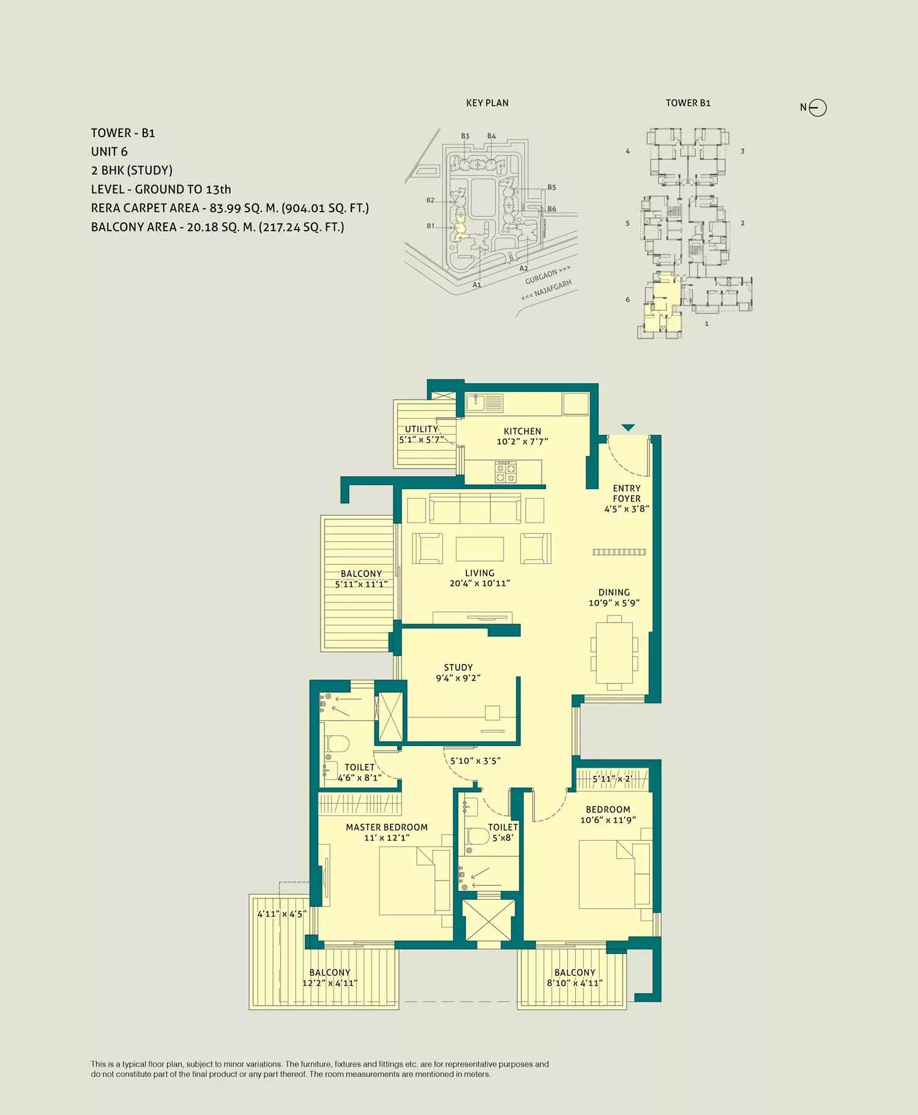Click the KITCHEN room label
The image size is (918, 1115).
522,431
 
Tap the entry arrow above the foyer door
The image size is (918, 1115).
628,428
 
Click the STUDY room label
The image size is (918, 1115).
458,668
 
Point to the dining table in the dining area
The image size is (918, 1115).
614,652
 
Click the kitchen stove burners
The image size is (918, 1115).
506,472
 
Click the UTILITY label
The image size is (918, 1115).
422,429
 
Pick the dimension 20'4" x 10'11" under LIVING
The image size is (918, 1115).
480,584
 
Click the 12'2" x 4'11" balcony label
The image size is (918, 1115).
330,983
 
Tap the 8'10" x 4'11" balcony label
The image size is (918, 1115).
575,983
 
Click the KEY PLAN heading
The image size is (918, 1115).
487,103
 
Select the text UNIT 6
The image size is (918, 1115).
110,152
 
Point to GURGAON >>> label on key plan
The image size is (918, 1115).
547,275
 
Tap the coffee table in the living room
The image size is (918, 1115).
480,549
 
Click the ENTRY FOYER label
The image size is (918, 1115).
627,493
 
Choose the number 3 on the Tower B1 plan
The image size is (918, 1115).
742,151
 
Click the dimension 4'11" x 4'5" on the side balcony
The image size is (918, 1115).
282,914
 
